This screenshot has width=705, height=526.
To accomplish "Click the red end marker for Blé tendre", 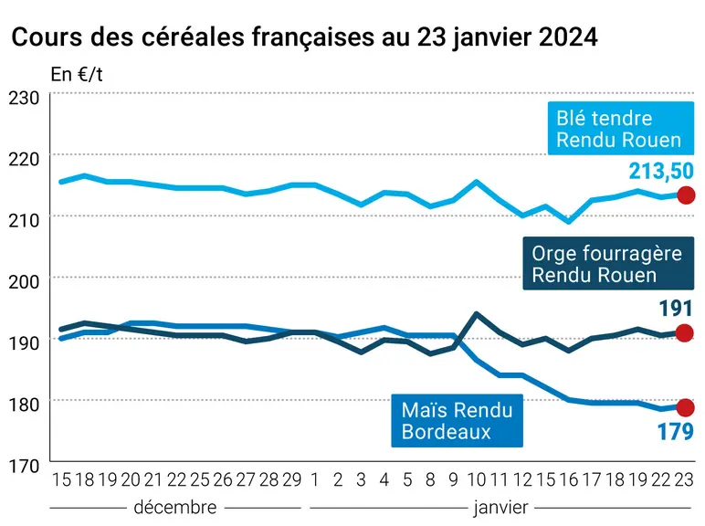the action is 686,195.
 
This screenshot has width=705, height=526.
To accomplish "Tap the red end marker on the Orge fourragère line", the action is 685,333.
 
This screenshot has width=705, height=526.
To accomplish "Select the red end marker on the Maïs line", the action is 685,408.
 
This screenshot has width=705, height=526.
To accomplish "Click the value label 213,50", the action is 661,172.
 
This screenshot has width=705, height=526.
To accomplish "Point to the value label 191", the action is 676,309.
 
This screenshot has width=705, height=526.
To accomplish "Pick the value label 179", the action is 676,432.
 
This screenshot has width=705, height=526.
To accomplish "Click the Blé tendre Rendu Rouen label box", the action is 620,129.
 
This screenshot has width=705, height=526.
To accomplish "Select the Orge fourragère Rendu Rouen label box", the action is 608,263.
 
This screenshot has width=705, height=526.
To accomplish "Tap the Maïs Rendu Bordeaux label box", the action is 457,421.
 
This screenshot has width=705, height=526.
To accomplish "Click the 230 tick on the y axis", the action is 24,98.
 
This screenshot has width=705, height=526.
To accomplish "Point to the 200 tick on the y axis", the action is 24,282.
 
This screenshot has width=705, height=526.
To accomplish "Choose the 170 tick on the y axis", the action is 24,466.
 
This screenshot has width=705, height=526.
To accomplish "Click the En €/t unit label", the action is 77,75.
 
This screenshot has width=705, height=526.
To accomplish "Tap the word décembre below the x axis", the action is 175,507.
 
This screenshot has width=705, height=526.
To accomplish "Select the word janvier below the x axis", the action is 500,508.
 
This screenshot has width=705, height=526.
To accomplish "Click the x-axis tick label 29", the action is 292,480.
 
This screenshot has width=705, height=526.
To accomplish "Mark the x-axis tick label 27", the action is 246,480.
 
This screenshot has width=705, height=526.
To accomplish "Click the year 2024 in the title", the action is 568,37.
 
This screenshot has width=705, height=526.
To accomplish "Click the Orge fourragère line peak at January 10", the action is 476,314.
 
